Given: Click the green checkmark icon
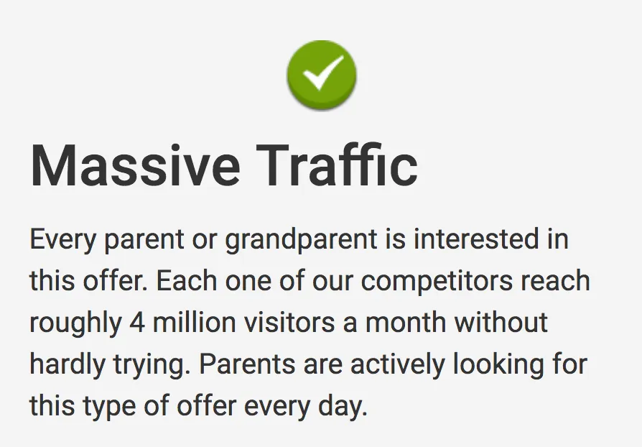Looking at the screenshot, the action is click(322, 75).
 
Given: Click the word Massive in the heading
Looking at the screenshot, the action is click(135, 166).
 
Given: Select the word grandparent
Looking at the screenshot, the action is click(302, 240).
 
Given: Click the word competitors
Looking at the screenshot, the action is click(437, 282).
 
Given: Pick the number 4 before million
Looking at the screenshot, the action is click(137, 323).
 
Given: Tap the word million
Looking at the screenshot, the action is click(195, 322).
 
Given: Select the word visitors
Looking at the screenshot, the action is click(289, 322).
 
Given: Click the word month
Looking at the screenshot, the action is click(405, 322).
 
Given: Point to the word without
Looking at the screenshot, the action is click(501, 322).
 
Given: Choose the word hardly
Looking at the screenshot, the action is click(68, 364).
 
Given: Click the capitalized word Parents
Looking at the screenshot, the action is click(247, 364).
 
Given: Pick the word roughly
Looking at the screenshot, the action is click(75, 323).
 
